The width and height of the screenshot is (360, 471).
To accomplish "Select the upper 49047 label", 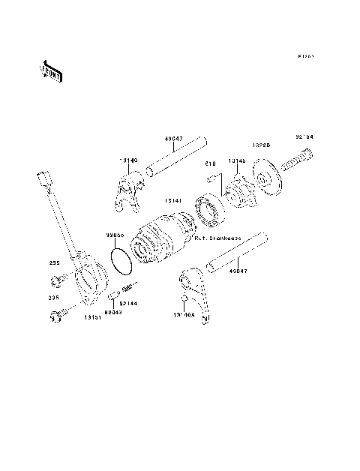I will coord(172,138).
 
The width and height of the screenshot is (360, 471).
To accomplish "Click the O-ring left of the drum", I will coord(121,259).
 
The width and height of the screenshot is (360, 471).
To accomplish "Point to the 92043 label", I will coord(115,310).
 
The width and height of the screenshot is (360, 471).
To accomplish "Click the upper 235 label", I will coord(53,263).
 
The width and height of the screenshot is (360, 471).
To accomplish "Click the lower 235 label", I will coord(53,298).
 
